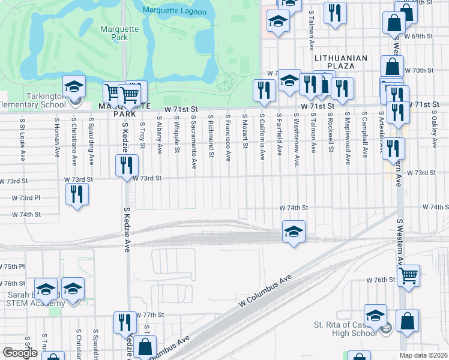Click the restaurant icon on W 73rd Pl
[x=77, y=194]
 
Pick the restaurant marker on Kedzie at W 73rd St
[x=127, y=166]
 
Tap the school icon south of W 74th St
[x=294, y=231]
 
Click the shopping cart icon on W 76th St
[x=408, y=275]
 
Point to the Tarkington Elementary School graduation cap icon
[x=74, y=86]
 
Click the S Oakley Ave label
[x=433, y=132]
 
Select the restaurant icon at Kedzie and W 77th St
[x=125, y=322]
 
